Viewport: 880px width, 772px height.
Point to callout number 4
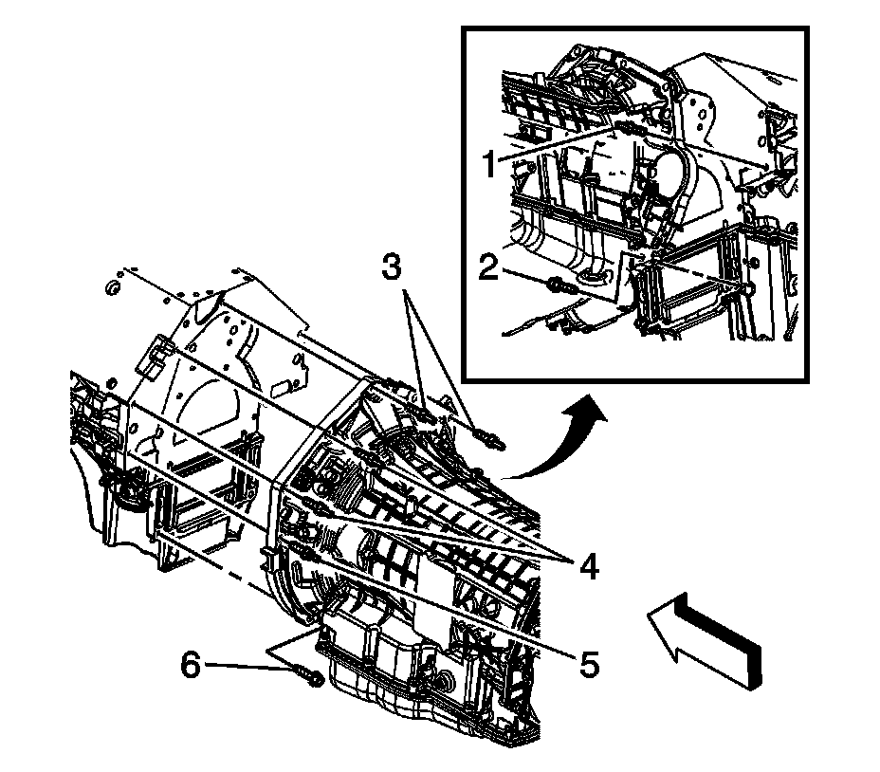[589, 568]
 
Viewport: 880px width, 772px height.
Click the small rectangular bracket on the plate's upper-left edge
[153, 359]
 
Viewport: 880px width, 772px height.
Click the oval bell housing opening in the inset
[674, 180]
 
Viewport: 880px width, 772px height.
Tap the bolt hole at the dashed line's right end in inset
[748, 285]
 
